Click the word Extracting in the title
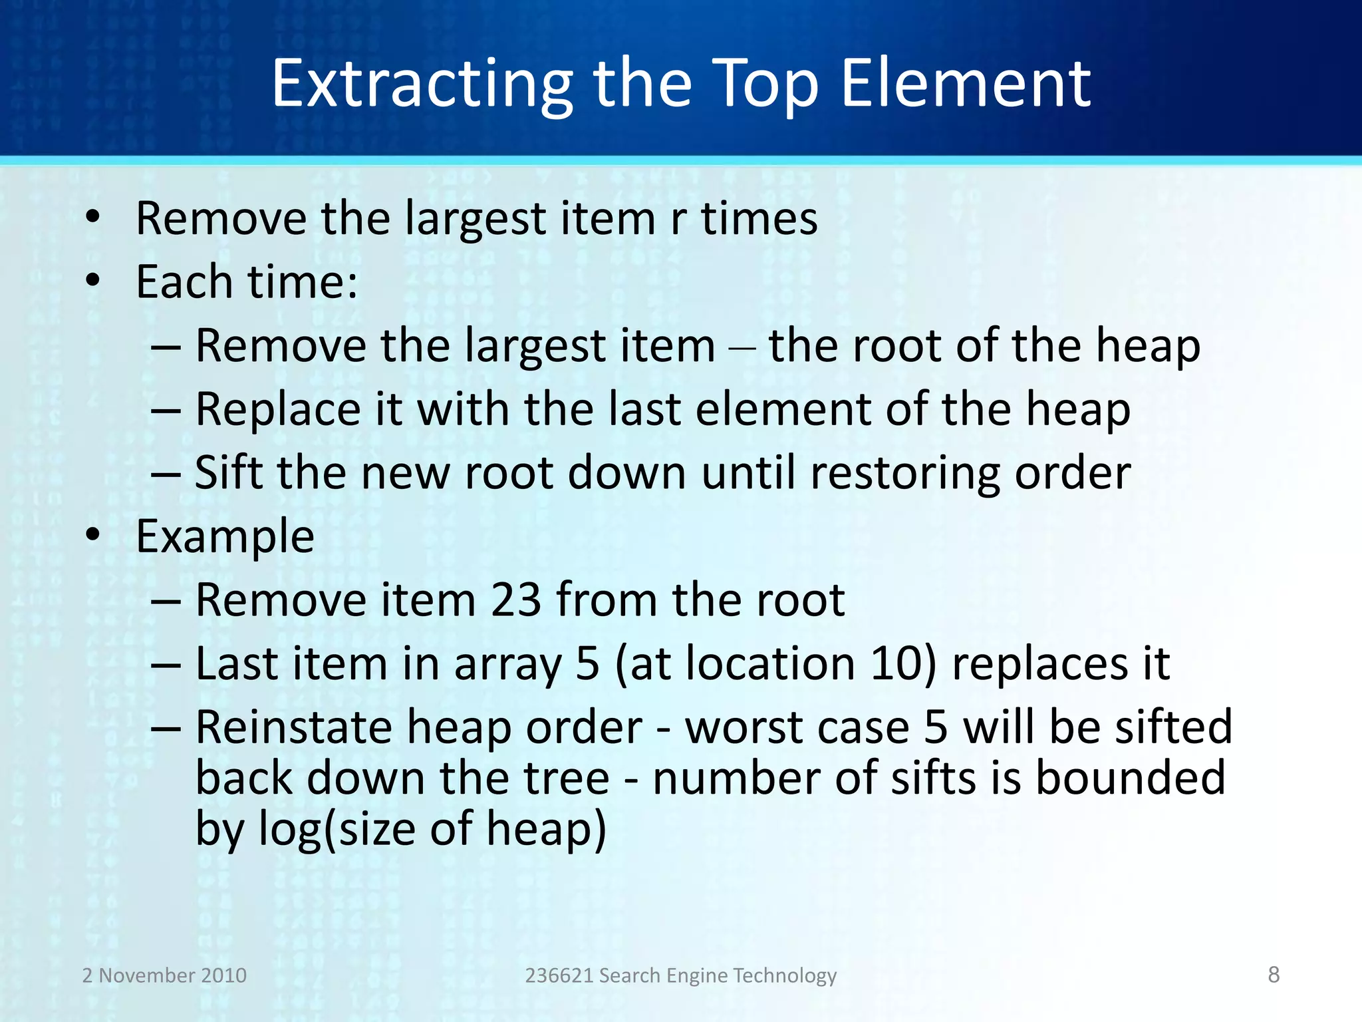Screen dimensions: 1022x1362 (x=422, y=85)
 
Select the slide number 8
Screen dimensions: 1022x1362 (x=1274, y=974)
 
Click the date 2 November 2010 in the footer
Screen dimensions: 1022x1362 (x=164, y=975)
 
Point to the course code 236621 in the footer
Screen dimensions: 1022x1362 (x=559, y=975)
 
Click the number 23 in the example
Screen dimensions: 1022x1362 (x=515, y=600)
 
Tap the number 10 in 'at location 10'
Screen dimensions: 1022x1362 (x=896, y=664)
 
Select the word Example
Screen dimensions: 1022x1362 (x=225, y=536)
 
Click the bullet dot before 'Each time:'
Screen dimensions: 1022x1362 (x=92, y=281)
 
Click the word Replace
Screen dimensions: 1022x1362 (x=278, y=409)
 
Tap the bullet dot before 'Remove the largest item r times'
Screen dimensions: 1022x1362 (x=92, y=218)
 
